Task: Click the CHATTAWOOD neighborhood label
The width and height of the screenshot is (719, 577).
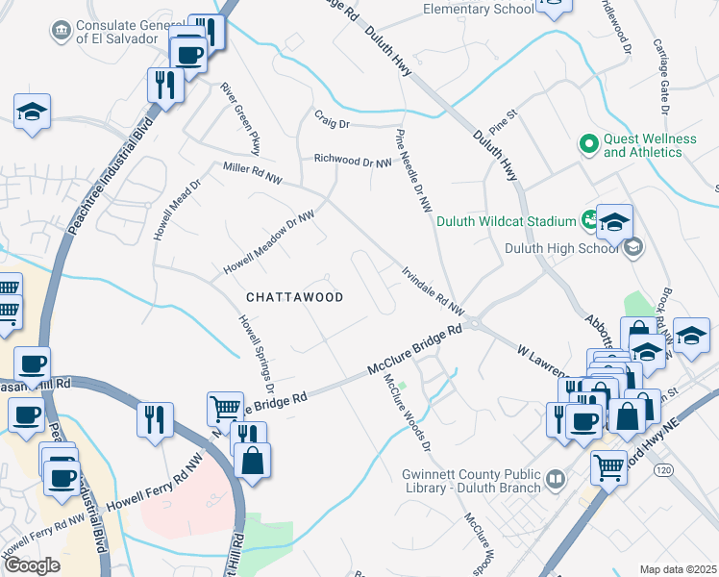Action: tap(294, 297)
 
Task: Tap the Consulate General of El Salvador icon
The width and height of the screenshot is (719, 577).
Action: tap(62, 31)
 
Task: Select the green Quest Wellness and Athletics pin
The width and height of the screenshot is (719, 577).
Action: tap(588, 144)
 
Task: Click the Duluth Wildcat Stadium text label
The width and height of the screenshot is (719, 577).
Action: tap(506, 222)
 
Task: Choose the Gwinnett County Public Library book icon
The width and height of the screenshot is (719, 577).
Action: tap(555, 478)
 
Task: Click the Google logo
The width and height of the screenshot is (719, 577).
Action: tap(32, 565)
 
